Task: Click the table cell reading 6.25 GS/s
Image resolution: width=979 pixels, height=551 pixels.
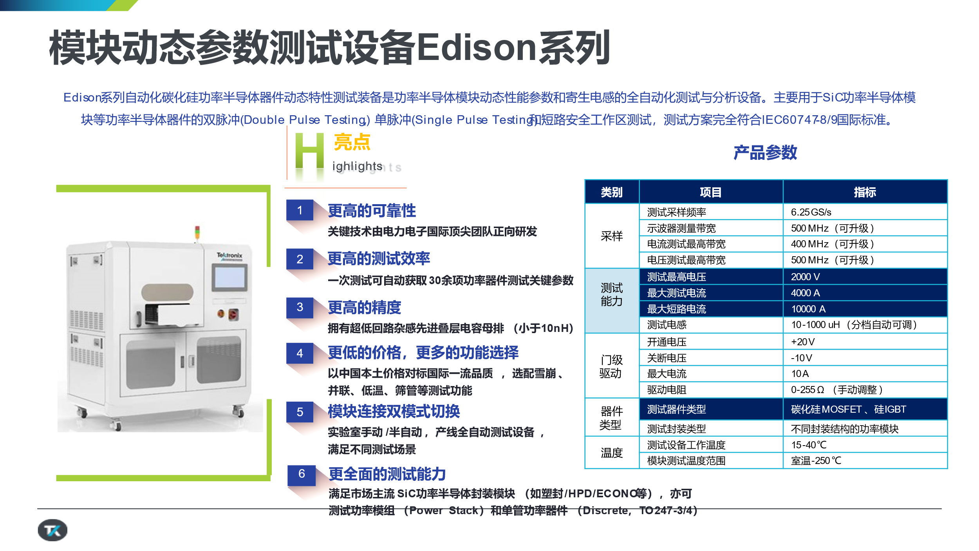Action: (865, 212)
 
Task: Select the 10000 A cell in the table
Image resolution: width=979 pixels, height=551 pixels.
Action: (865, 309)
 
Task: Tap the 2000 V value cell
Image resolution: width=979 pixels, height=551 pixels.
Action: (865, 277)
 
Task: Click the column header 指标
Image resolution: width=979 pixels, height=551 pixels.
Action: (865, 192)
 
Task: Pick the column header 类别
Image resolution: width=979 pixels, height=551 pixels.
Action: (612, 192)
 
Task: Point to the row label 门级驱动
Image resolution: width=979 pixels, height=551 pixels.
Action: (612, 366)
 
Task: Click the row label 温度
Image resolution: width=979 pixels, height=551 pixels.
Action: (612, 453)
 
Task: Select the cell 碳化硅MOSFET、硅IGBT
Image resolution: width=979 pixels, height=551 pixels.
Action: (865, 409)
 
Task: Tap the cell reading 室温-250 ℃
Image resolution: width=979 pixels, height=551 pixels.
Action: (865, 460)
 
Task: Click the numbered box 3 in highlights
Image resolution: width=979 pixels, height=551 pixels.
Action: (300, 307)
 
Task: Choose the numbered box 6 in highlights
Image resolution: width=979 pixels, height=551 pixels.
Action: (302, 474)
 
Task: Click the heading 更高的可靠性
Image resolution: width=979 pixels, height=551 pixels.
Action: (372, 210)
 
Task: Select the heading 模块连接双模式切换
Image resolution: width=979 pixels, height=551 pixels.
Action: (394, 411)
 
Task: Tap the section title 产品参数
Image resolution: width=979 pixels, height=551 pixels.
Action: (765, 152)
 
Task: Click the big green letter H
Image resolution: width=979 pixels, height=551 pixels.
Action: (309, 151)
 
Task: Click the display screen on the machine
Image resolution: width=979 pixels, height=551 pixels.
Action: (230, 277)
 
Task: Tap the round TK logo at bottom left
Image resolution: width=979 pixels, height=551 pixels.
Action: (52, 530)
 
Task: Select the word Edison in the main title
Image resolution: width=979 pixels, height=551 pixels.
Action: (476, 47)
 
